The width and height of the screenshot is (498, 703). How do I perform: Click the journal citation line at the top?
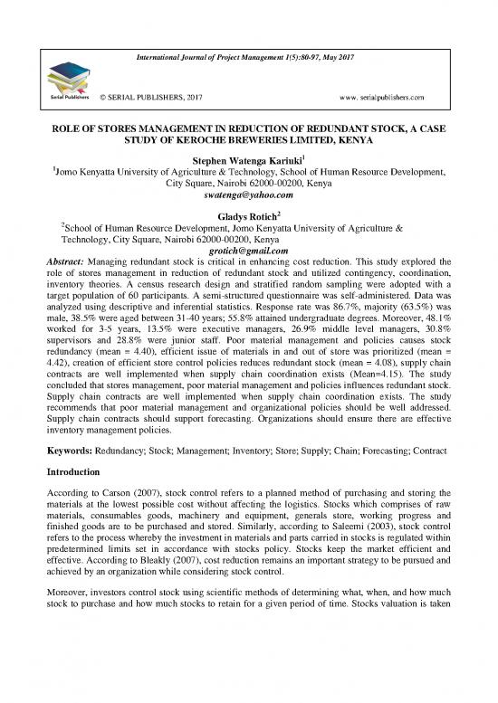click(249, 57)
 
